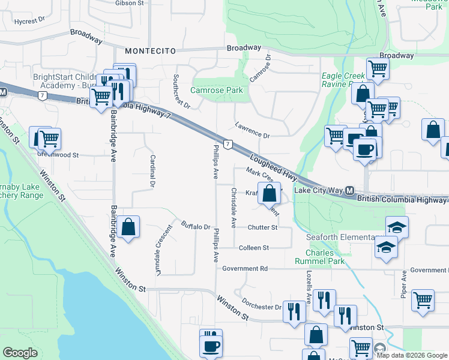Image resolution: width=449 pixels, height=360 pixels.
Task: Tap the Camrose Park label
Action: click(217, 90)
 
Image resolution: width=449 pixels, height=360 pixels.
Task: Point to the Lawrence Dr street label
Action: click(252, 131)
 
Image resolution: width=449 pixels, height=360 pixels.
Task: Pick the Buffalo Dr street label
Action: click(196, 227)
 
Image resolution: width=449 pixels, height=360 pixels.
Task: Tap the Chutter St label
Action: click(262, 227)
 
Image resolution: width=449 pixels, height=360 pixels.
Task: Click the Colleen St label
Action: click(253, 247)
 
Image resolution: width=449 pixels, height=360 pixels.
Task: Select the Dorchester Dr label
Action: click(261, 304)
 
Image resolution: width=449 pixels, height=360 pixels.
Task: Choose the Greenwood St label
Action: click(59, 154)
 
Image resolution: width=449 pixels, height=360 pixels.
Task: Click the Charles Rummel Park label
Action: click(321, 256)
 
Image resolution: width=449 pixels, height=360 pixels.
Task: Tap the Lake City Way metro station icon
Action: click(349, 190)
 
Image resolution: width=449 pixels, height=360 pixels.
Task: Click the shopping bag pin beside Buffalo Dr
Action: click(128, 227)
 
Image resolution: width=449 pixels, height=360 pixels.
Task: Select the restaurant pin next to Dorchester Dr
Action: click(294, 311)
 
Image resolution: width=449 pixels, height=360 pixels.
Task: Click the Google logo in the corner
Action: click(20, 353)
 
